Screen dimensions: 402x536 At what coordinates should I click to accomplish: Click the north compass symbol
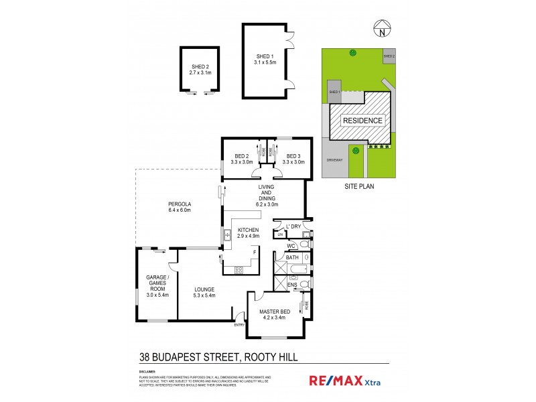[381, 29]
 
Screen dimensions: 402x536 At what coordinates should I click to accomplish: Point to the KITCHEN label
[239, 229]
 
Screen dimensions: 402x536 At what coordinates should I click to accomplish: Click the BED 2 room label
[241, 155]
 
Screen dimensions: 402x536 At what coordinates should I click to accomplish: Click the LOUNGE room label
[204, 289]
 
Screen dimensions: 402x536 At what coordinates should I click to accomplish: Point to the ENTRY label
[239, 325]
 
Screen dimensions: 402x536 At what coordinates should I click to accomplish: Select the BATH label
[292, 257]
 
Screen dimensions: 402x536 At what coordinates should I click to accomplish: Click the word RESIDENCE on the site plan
[362, 121]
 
